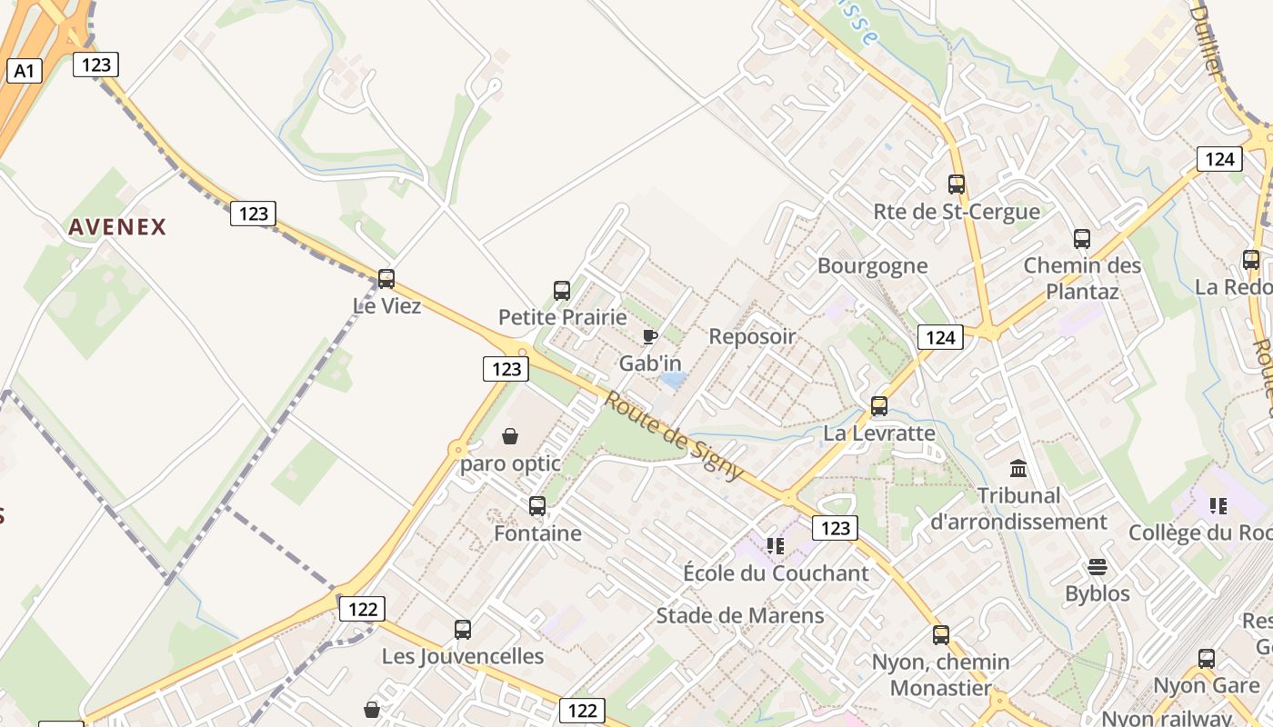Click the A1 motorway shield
click(25, 71)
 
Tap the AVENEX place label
click(117, 227)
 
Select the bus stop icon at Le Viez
click(386, 279)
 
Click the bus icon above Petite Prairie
click(562, 291)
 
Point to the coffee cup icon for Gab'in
click(649, 338)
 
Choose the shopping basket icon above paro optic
click(510, 437)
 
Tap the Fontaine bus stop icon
click(537, 506)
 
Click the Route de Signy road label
click(673, 437)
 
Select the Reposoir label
click(752, 336)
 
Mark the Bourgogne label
click(872, 266)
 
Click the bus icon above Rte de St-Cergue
click(957, 184)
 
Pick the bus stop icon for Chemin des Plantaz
click(1082, 239)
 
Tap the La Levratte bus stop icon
click(879, 406)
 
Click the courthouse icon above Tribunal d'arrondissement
click(1018, 469)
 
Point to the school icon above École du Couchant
click(775, 546)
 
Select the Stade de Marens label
click(740, 615)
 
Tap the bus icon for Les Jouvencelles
click(463, 629)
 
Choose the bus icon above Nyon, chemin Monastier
click(941, 635)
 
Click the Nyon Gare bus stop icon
click(1207, 659)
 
